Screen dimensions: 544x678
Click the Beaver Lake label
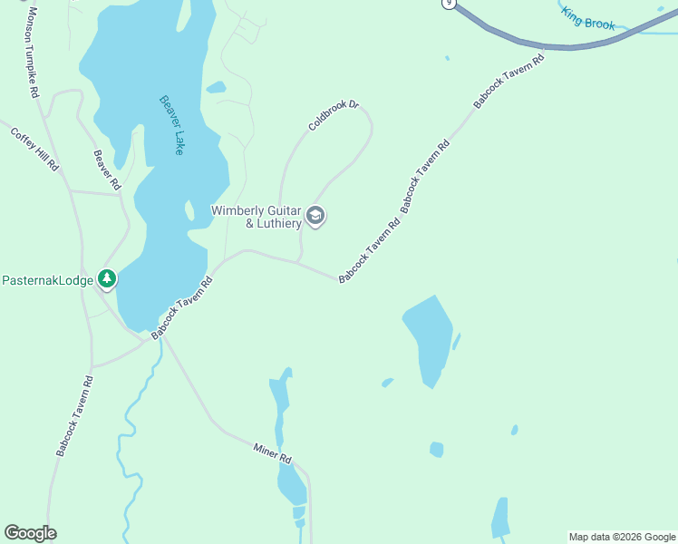171,125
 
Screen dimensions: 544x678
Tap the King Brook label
587,18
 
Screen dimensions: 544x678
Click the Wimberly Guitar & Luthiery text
256,217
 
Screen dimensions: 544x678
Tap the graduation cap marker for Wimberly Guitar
316,216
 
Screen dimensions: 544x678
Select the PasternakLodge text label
47,281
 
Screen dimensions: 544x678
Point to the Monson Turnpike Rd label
33,53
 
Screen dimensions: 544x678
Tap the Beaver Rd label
107,170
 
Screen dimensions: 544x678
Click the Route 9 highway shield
448,4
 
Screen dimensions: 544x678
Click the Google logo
30,533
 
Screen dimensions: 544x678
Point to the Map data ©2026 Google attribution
622,537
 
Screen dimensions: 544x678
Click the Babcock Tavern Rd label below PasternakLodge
74,415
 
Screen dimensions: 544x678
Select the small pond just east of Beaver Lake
216,88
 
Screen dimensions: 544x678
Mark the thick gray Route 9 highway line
544,43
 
